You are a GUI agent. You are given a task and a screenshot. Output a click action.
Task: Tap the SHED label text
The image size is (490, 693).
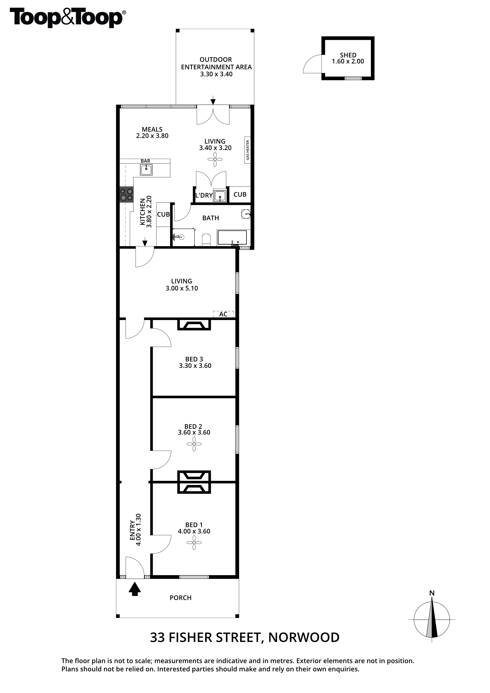[x=348, y=55]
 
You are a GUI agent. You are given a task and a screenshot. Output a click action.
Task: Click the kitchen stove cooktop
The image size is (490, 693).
[x=126, y=194]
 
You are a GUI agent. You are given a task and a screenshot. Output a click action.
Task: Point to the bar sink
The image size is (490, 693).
[x=146, y=170]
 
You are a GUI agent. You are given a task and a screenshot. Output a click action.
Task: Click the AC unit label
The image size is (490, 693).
[x=223, y=314]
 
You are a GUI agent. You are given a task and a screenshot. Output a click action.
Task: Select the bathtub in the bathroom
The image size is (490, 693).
[x=232, y=237]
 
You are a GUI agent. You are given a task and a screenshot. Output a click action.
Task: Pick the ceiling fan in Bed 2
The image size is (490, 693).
[x=194, y=444]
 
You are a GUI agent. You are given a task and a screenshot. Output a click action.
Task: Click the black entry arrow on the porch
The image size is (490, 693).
[x=135, y=589]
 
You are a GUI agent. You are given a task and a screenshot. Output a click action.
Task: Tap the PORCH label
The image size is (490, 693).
[x=181, y=598]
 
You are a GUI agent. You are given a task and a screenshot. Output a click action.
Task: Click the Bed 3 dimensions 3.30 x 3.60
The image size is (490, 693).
[x=195, y=366]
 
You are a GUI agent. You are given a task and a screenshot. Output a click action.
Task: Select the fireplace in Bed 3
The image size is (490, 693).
[x=193, y=325]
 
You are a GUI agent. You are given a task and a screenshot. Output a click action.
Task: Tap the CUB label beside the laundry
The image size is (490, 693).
[x=240, y=195]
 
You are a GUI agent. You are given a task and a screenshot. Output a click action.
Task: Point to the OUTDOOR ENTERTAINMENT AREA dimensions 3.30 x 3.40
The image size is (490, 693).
[x=216, y=74]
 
